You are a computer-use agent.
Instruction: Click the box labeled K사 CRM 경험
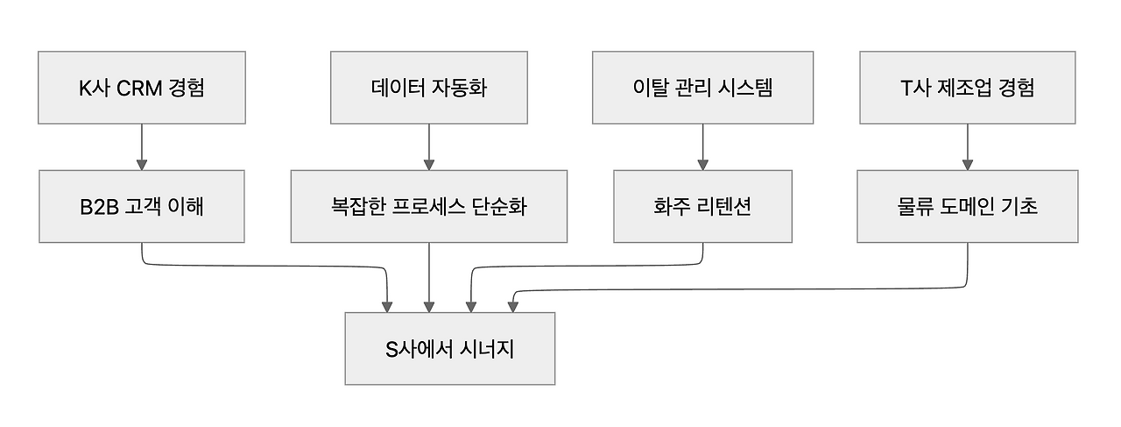pos(141,88)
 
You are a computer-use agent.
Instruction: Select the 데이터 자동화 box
pos(429,88)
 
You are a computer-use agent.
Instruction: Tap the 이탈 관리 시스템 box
pos(702,88)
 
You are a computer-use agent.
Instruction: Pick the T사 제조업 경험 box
pos(967,88)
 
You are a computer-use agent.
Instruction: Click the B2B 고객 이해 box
pos(141,207)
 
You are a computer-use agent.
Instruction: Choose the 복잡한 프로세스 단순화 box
pos(429,207)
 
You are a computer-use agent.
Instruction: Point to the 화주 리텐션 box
pos(702,207)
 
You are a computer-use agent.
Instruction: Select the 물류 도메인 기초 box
pos(967,207)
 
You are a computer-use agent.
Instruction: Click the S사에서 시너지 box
pos(449,348)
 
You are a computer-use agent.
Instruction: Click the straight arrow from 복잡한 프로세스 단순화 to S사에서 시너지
pos(429,277)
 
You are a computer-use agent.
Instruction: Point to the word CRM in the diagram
pos(138,88)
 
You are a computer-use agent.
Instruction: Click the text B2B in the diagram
pos(98,207)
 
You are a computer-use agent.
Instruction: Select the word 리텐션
pos(723,207)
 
